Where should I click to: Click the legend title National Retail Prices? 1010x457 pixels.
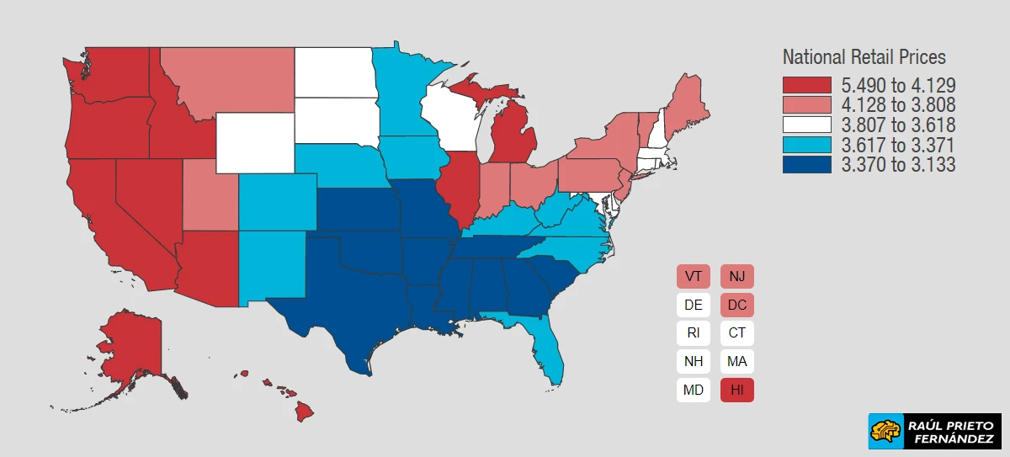(864, 57)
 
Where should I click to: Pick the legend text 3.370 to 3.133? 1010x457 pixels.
(898, 165)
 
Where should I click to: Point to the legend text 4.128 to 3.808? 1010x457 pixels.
(898, 104)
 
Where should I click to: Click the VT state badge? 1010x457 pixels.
(694, 276)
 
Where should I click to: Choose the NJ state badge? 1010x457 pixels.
(737, 276)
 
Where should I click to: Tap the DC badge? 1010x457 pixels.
(737, 305)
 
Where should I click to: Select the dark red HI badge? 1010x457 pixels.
(737, 390)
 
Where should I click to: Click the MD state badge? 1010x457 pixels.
(694, 390)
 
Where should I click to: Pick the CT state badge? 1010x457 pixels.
(737, 332)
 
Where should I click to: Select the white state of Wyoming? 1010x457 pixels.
(254, 141)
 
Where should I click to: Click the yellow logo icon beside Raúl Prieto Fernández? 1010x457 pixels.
(885, 432)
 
